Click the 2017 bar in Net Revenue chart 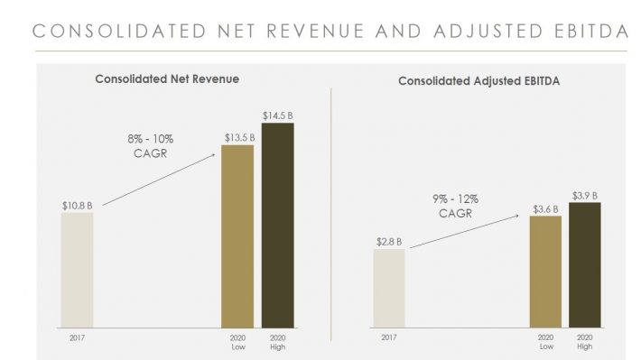(x=77, y=270)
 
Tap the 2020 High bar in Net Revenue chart (x=277, y=225)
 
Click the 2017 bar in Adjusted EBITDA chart (x=389, y=288)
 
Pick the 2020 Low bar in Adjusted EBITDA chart (x=545, y=272)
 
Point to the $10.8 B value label (x=77, y=205)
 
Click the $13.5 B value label (x=238, y=137)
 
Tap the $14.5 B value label (x=277, y=115)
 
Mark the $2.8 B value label (x=388, y=242)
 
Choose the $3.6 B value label (x=545, y=208)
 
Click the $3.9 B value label (x=585, y=195)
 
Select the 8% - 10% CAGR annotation (x=150, y=147)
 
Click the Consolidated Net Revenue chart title (x=167, y=79)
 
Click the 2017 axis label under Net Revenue (x=76, y=337)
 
